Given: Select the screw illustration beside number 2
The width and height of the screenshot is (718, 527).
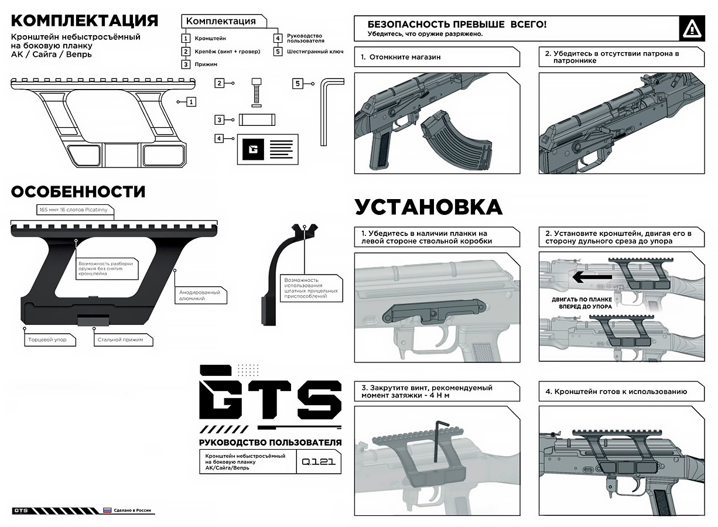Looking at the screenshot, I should click(x=257, y=91).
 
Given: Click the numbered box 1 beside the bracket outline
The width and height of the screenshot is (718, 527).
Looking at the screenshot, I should click(x=191, y=102).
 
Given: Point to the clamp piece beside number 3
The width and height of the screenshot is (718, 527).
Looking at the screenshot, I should click(x=257, y=119).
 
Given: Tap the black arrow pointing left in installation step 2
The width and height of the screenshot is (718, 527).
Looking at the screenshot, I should click(x=592, y=277).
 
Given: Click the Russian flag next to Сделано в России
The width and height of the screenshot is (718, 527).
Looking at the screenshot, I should click(x=108, y=510).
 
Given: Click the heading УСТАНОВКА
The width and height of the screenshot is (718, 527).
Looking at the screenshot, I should click(x=428, y=207).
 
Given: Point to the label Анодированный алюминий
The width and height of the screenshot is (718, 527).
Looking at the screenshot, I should click(x=200, y=294).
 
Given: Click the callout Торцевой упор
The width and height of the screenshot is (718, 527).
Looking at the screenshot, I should click(x=49, y=339).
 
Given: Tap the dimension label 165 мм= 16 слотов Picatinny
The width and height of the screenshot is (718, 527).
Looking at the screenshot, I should click(x=73, y=210).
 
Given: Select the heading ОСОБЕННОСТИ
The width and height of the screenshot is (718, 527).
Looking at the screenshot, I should click(x=78, y=191).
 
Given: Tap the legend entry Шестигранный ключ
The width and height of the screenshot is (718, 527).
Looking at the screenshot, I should click(x=314, y=52).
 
